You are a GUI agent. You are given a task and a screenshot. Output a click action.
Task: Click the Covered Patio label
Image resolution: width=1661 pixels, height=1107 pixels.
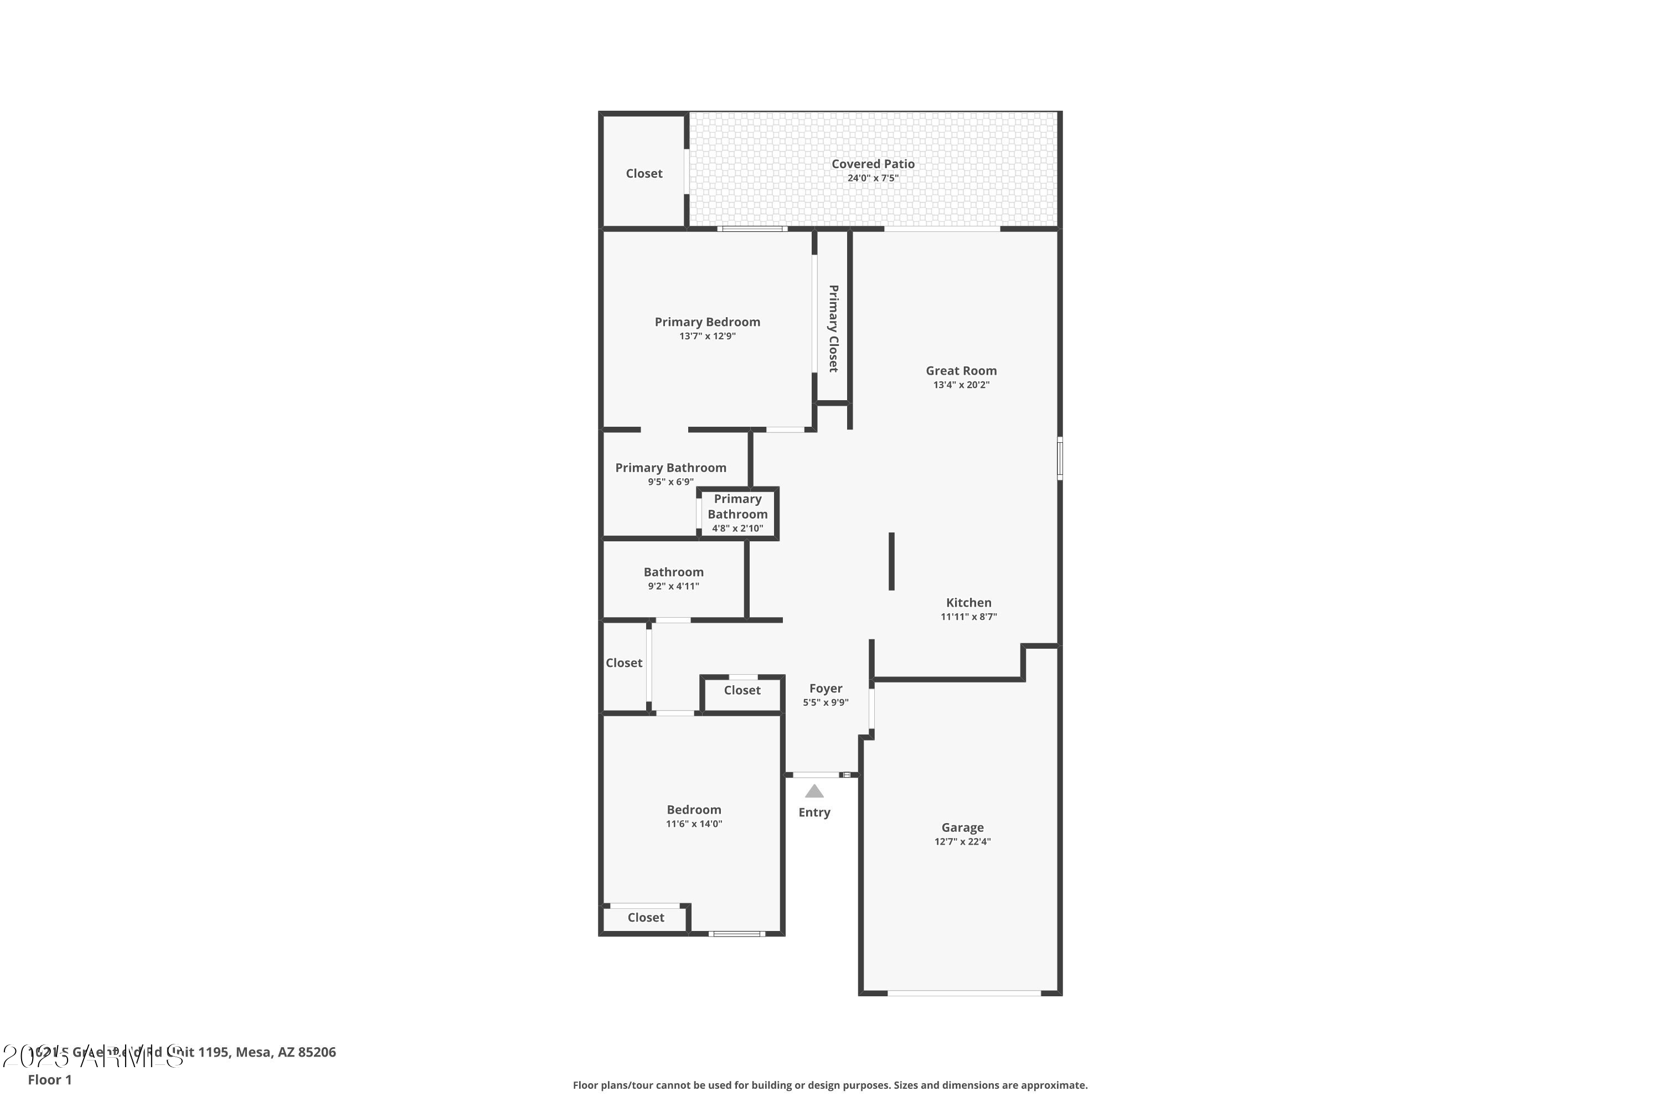[873, 164]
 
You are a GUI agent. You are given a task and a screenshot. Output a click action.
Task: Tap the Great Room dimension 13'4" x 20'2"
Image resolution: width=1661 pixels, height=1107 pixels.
[961, 385]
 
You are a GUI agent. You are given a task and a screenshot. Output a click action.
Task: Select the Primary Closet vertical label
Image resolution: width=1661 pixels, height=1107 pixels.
[833, 328]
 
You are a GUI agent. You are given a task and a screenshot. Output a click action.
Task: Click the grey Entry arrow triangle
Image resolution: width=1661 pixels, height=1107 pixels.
[814, 792]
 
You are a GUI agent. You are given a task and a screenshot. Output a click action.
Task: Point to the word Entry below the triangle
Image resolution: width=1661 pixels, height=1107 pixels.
[814, 813]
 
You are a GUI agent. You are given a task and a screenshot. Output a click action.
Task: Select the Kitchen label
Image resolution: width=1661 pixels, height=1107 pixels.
[968, 602]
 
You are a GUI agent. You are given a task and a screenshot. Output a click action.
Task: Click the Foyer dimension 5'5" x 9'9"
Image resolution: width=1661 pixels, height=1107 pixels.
[826, 702]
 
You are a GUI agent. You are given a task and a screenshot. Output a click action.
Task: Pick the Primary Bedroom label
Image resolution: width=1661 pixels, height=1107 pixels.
[707, 322]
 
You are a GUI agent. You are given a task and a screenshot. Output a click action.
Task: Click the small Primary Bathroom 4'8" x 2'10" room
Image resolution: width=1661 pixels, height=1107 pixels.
[737, 513]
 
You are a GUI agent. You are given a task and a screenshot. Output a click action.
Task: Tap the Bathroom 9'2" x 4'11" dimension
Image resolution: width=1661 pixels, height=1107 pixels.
[673, 586]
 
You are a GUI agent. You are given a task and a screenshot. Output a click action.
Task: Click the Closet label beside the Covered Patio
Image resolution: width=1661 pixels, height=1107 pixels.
[644, 174]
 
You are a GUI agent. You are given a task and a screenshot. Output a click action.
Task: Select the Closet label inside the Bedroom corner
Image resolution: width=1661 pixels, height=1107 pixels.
[646, 918]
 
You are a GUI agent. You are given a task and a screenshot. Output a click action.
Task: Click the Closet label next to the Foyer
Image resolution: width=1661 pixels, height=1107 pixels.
[741, 690]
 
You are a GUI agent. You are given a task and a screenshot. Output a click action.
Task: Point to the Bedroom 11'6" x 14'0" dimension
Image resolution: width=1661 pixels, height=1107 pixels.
[694, 824]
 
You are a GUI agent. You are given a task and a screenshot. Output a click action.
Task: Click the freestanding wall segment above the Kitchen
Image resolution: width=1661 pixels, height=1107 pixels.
[891, 561]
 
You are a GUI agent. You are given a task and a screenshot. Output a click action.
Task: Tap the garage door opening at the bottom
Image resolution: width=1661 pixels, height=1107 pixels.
[963, 994]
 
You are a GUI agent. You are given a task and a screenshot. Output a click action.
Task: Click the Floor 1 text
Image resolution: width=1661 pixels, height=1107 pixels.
[49, 1079]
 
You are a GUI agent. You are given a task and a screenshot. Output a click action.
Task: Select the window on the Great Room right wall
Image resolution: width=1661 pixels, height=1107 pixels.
[1059, 458]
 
